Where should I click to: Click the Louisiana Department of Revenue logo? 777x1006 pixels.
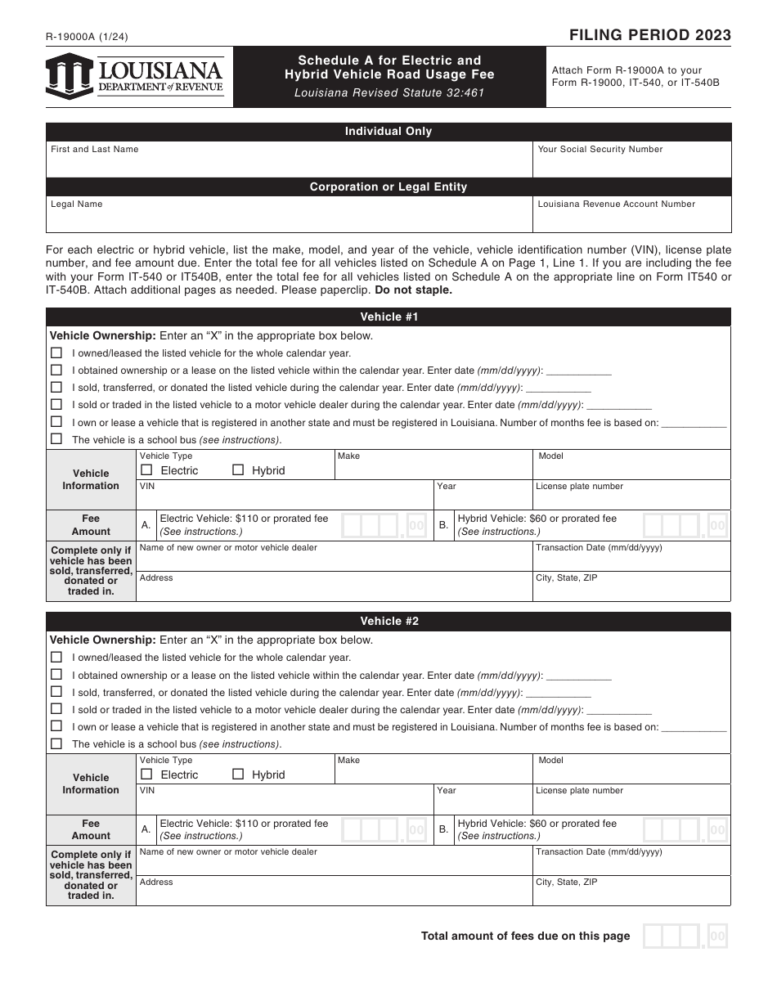[x=135, y=76]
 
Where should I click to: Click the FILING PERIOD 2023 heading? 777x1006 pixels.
[x=650, y=35]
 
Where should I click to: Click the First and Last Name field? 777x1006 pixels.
[x=289, y=160]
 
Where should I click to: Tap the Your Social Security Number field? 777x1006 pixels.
[x=631, y=160]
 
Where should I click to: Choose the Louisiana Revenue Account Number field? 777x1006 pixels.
[x=631, y=217]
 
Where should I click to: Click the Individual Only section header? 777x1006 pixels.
[x=388, y=132]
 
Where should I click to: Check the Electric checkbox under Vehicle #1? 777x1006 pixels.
[x=147, y=470]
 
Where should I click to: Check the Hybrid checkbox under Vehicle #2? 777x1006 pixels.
[x=238, y=775]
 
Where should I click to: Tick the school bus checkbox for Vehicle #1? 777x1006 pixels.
[x=56, y=439]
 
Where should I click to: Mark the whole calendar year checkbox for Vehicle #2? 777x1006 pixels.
[x=56, y=657]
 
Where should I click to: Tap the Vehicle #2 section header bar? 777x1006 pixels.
[x=388, y=622]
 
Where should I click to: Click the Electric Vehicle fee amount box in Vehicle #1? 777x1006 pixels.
[x=383, y=525]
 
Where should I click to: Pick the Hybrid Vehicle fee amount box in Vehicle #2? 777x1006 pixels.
[x=685, y=830]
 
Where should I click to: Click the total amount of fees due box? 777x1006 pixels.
[x=685, y=936]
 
